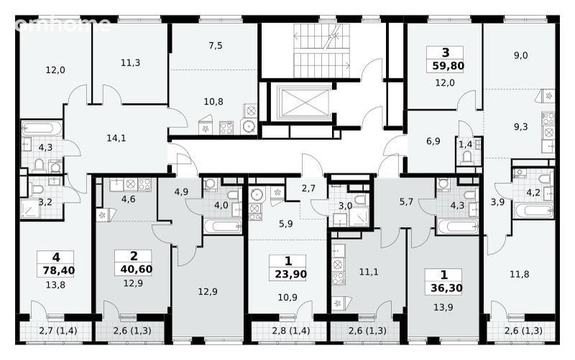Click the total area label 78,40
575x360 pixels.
pyautogui.click(x=59, y=271)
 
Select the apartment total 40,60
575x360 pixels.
pyautogui.click(x=136, y=269)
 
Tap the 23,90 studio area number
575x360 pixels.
pyautogui.click(x=291, y=274)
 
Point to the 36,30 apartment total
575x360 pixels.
pyautogui.click(x=446, y=288)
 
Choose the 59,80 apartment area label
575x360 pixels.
pyautogui.click(x=448, y=66)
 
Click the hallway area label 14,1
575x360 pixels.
pyautogui.click(x=116, y=138)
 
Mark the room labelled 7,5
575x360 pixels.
pyautogui.click(x=216, y=45)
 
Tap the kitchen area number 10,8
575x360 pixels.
pyautogui.click(x=213, y=101)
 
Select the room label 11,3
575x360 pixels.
pyautogui.click(x=130, y=63)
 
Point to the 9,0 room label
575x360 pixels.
pyautogui.click(x=520, y=55)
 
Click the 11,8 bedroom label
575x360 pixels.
pyautogui.click(x=520, y=274)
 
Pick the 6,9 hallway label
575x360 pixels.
pyautogui.click(x=433, y=141)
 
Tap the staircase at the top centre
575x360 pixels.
pyautogui.click(x=321, y=50)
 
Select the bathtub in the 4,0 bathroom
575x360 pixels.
pyautogui.click(x=223, y=226)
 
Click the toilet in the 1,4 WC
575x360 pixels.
pyautogui.click(x=466, y=157)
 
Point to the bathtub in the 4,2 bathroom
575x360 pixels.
pyautogui.click(x=534, y=211)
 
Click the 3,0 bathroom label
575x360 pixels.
pyautogui.click(x=345, y=206)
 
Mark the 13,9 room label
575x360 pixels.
pyautogui.click(x=443, y=308)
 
